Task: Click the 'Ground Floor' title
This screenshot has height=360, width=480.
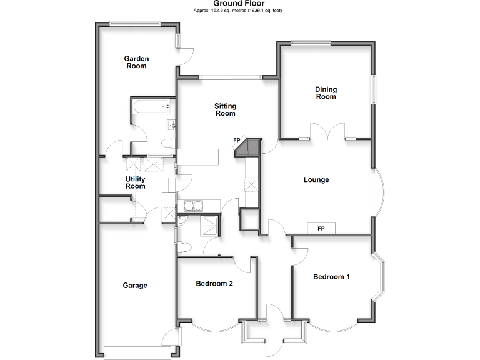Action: (239, 4)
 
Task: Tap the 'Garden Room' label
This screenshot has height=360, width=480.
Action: (136, 62)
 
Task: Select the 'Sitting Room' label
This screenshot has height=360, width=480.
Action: (226, 110)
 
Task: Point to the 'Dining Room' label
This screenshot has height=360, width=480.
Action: (326, 93)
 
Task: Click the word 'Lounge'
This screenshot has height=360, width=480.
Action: (316, 180)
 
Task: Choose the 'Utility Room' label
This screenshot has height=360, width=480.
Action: (136, 182)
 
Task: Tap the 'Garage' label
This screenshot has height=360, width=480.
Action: (135, 286)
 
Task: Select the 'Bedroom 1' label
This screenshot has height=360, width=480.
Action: (331, 277)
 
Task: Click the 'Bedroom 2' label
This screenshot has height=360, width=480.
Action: (214, 284)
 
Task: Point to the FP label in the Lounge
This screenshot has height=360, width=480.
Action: (321, 228)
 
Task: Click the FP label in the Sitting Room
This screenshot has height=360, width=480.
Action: (237, 141)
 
